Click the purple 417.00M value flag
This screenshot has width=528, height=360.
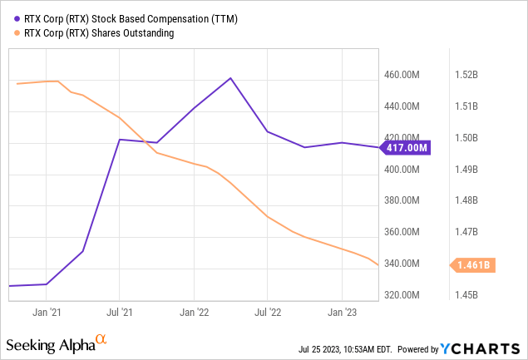click(x=407, y=148)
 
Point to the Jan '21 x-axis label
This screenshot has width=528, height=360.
click(x=46, y=313)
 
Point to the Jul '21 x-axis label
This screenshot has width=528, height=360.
click(x=119, y=313)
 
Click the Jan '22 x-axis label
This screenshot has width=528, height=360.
click(x=194, y=313)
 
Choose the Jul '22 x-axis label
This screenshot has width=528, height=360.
click(x=267, y=313)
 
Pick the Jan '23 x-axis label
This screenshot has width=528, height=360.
click(x=342, y=313)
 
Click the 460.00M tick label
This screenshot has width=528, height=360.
click(x=407, y=75)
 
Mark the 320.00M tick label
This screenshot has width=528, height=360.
click(x=407, y=295)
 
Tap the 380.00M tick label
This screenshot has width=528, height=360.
click(x=407, y=200)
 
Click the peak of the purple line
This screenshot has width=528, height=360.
click(x=230, y=78)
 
